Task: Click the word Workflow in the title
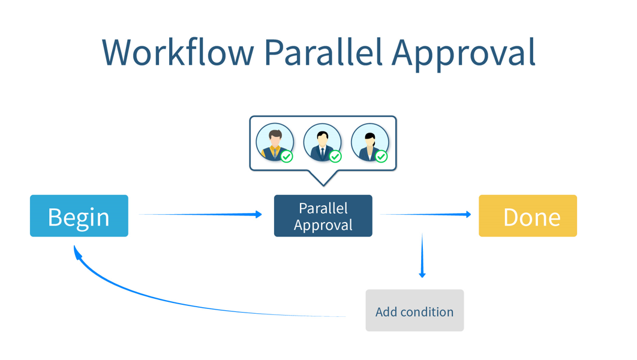pyautogui.click(x=178, y=52)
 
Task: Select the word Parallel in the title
pyautogui.click(x=323, y=52)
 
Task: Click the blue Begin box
pyautogui.click(x=79, y=216)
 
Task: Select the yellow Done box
pyautogui.click(x=527, y=216)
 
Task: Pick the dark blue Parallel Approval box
pyautogui.click(x=323, y=216)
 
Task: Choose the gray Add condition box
pyautogui.click(x=414, y=311)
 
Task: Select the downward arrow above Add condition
pyautogui.click(x=422, y=255)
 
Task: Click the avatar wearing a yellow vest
pyautogui.click(x=274, y=142)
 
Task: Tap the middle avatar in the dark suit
pyautogui.click(x=321, y=142)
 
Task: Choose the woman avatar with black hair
pyautogui.click(x=369, y=142)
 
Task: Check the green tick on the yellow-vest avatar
pyautogui.click(x=287, y=157)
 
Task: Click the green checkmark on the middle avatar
pyautogui.click(x=335, y=157)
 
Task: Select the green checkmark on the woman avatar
pyautogui.click(x=381, y=157)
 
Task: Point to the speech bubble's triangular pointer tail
pyautogui.click(x=323, y=178)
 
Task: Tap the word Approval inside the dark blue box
pyautogui.click(x=323, y=225)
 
